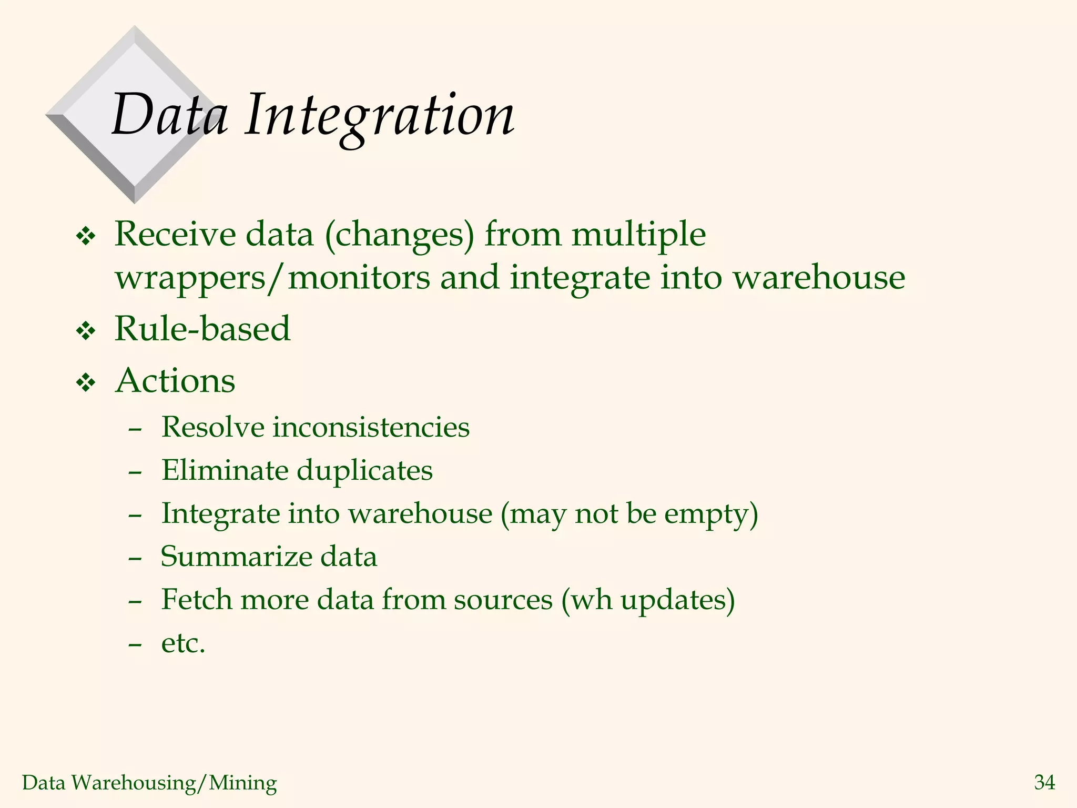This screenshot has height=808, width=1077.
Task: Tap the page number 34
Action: tap(1044, 782)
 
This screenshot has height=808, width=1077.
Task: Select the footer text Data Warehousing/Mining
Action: tap(149, 783)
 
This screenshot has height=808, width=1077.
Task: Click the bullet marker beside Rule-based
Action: tap(86, 331)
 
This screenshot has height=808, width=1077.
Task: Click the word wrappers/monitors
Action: tap(272, 278)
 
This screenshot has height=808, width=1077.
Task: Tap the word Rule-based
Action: tap(202, 329)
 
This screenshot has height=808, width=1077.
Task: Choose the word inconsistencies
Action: tap(371, 427)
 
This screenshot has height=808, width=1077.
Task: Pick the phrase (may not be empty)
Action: tap(629, 514)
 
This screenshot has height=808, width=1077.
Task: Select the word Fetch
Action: tap(196, 600)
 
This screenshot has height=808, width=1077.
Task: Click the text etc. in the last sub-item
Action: tap(183, 643)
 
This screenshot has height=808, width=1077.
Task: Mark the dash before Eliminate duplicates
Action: tap(135, 472)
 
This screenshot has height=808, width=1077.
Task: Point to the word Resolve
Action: tap(212, 427)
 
